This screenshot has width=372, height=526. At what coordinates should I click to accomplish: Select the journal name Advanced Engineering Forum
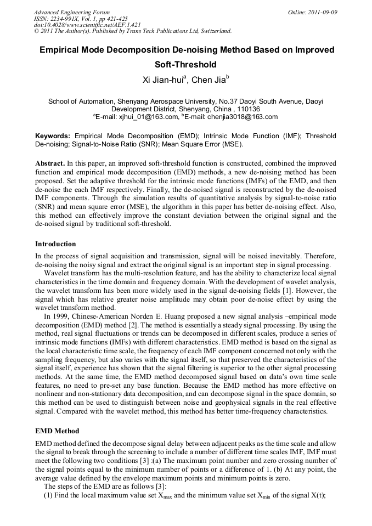coord(71,12)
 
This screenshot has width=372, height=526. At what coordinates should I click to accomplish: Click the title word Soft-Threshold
coord(186,65)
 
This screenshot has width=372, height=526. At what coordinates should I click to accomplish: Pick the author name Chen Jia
coord(208,81)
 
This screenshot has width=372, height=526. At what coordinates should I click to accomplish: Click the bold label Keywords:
coord(53,135)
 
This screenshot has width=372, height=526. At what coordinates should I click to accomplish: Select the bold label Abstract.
coord(50,163)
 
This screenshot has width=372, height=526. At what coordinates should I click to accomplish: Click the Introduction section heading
coord(55,244)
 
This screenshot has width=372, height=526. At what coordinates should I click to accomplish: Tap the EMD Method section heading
coord(57,431)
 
